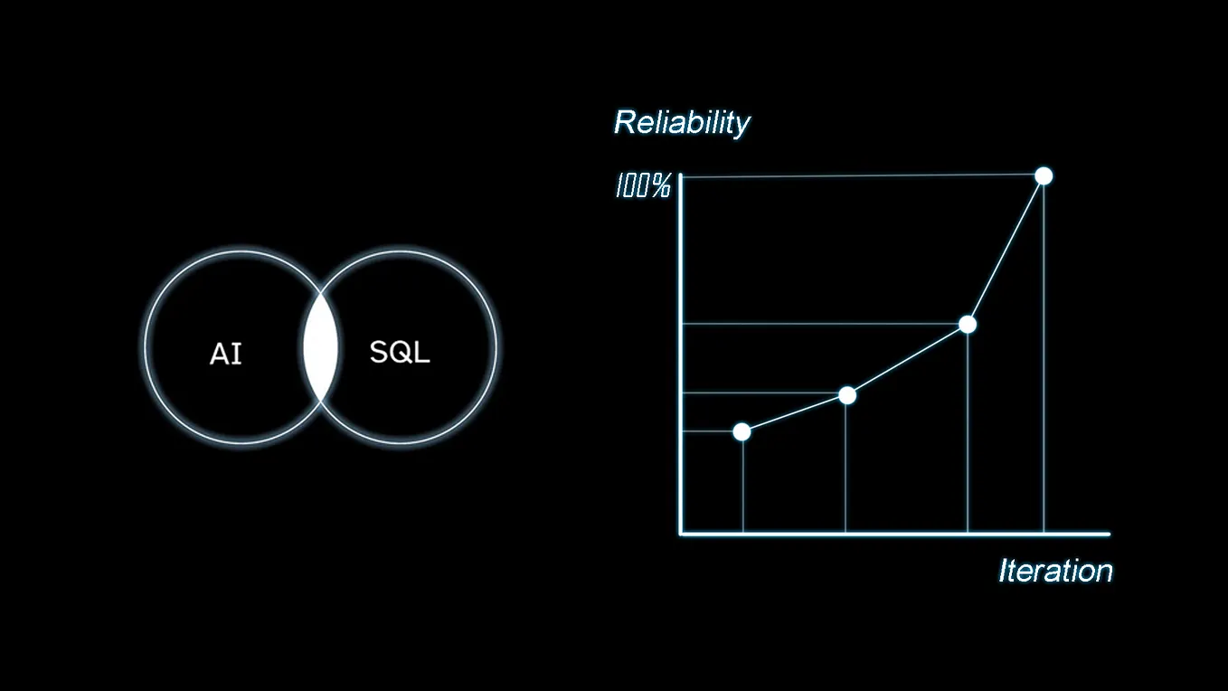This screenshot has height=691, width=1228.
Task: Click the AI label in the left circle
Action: (x=226, y=354)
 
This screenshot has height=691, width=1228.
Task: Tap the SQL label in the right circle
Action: (x=400, y=352)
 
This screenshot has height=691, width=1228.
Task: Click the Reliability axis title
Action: (x=682, y=123)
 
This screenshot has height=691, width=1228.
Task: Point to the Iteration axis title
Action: (x=1054, y=571)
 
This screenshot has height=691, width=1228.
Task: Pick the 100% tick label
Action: (x=643, y=186)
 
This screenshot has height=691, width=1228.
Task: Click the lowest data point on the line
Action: (x=742, y=431)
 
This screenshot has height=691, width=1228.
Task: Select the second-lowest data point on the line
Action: (x=847, y=395)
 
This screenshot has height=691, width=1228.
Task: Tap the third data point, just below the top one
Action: (x=968, y=324)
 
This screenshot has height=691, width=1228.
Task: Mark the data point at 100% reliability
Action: (x=1044, y=175)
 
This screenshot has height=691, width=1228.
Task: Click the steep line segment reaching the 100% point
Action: (x=1006, y=250)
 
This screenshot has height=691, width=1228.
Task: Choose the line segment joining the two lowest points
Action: (x=794, y=413)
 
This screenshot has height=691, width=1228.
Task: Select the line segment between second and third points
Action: (x=907, y=360)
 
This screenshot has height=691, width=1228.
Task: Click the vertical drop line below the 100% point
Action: (x=1044, y=362)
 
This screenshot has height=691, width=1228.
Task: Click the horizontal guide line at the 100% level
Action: (x=859, y=176)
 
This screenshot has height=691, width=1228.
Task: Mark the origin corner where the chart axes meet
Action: (x=681, y=534)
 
